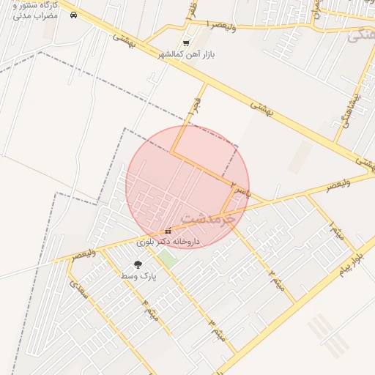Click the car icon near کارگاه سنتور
[x=73, y=15]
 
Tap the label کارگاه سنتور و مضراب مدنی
[x=34, y=10]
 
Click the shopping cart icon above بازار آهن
[x=186, y=42]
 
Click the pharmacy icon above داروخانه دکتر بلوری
[x=168, y=231]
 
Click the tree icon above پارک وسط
[x=138, y=264]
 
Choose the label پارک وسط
[x=138, y=275]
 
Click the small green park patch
[x=169, y=258]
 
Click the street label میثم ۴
[x=149, y=311]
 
